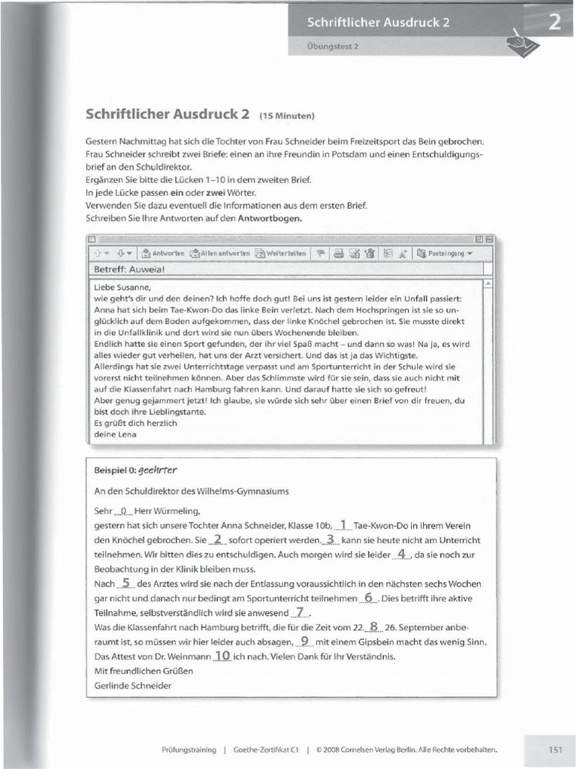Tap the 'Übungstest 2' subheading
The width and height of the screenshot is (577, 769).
tap(334, 47)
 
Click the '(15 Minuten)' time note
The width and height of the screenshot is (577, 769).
tap(286, 116)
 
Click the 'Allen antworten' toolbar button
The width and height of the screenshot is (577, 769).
tap(219, 254)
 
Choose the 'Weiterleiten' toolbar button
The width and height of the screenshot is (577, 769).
tap(281, 254)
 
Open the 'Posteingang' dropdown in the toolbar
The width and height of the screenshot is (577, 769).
tap(445, 254)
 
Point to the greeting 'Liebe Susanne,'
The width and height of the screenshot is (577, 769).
tap(122, 287)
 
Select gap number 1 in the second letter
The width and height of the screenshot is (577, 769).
tap(343, 525)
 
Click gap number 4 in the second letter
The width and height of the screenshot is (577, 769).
tap(402, 554)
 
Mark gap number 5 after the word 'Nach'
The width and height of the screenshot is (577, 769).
tap(126, 583)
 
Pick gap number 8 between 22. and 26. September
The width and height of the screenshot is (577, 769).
tap(373, 626)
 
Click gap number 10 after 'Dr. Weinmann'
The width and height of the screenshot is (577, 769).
tap(222, 656)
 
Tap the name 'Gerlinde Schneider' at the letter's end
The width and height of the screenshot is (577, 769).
tap(132, 685)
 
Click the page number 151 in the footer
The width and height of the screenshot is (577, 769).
tap(555, 749)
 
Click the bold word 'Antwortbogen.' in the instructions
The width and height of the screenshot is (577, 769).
tap(270, 219)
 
